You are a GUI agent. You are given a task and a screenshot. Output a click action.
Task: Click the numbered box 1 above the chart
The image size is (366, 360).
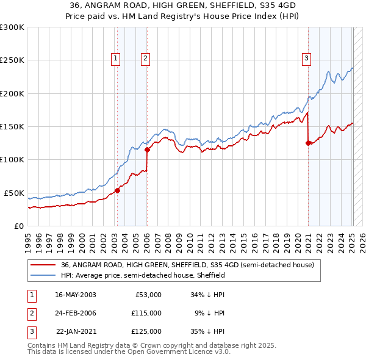tap(116, 59)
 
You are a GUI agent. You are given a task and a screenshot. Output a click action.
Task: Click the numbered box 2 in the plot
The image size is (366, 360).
tap(146, 59)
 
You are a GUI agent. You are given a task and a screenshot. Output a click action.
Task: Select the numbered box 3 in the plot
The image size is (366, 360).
tap(306, 59)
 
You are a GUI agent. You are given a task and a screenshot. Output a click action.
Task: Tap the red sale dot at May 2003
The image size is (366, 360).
tap(118, 190)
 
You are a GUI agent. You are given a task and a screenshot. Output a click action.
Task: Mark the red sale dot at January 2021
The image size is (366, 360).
tap(308, 143)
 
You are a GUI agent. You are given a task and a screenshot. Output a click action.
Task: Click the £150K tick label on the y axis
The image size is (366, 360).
tap(12, 127)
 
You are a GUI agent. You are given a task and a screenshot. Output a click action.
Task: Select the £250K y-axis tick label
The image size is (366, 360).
tap(12, 60)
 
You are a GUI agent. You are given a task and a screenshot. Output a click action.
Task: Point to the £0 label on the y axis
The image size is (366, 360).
tap(18, 226)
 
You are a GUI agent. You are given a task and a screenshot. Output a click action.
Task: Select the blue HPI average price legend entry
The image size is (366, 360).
tap(143, 276)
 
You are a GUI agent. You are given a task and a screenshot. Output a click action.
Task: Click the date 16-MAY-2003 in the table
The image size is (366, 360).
tap(75, 295)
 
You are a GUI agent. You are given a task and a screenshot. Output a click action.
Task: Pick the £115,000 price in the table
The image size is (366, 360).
tap(146, 313)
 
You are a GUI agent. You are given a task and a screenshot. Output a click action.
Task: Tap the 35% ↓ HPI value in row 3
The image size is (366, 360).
tap(208, 331)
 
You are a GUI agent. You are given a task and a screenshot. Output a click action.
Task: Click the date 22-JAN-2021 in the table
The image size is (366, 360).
tap(75, 331)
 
